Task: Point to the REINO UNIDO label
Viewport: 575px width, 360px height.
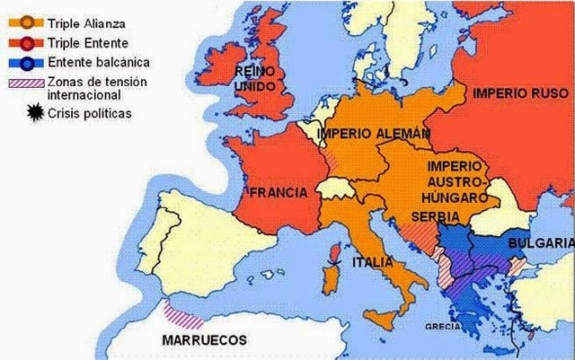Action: [x=254, y=76]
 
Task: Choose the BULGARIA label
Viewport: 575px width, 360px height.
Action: [x=540, y=243]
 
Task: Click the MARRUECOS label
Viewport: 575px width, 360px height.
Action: [x=205, y=340]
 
